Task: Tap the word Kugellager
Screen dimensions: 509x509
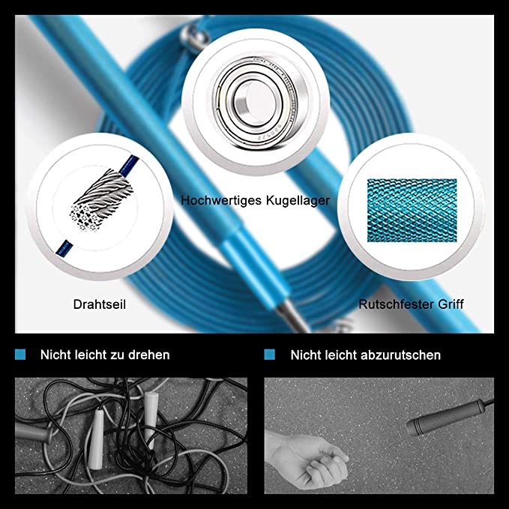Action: coord(298,201)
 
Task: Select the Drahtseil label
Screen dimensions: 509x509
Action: coord(100,304)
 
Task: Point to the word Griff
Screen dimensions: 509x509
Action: coord(451,304)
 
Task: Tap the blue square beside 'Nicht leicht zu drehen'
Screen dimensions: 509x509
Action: coord(20,355)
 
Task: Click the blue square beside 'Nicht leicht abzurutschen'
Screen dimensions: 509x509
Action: coord(269,355)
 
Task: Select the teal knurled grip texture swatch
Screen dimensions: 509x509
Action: coord(412,211)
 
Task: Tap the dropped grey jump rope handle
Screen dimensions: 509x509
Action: coord(446,417)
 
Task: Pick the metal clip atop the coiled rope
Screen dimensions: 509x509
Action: coord(194,36)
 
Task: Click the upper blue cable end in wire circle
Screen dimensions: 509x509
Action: coord(128,166)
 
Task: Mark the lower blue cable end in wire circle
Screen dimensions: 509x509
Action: coord(63,248)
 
